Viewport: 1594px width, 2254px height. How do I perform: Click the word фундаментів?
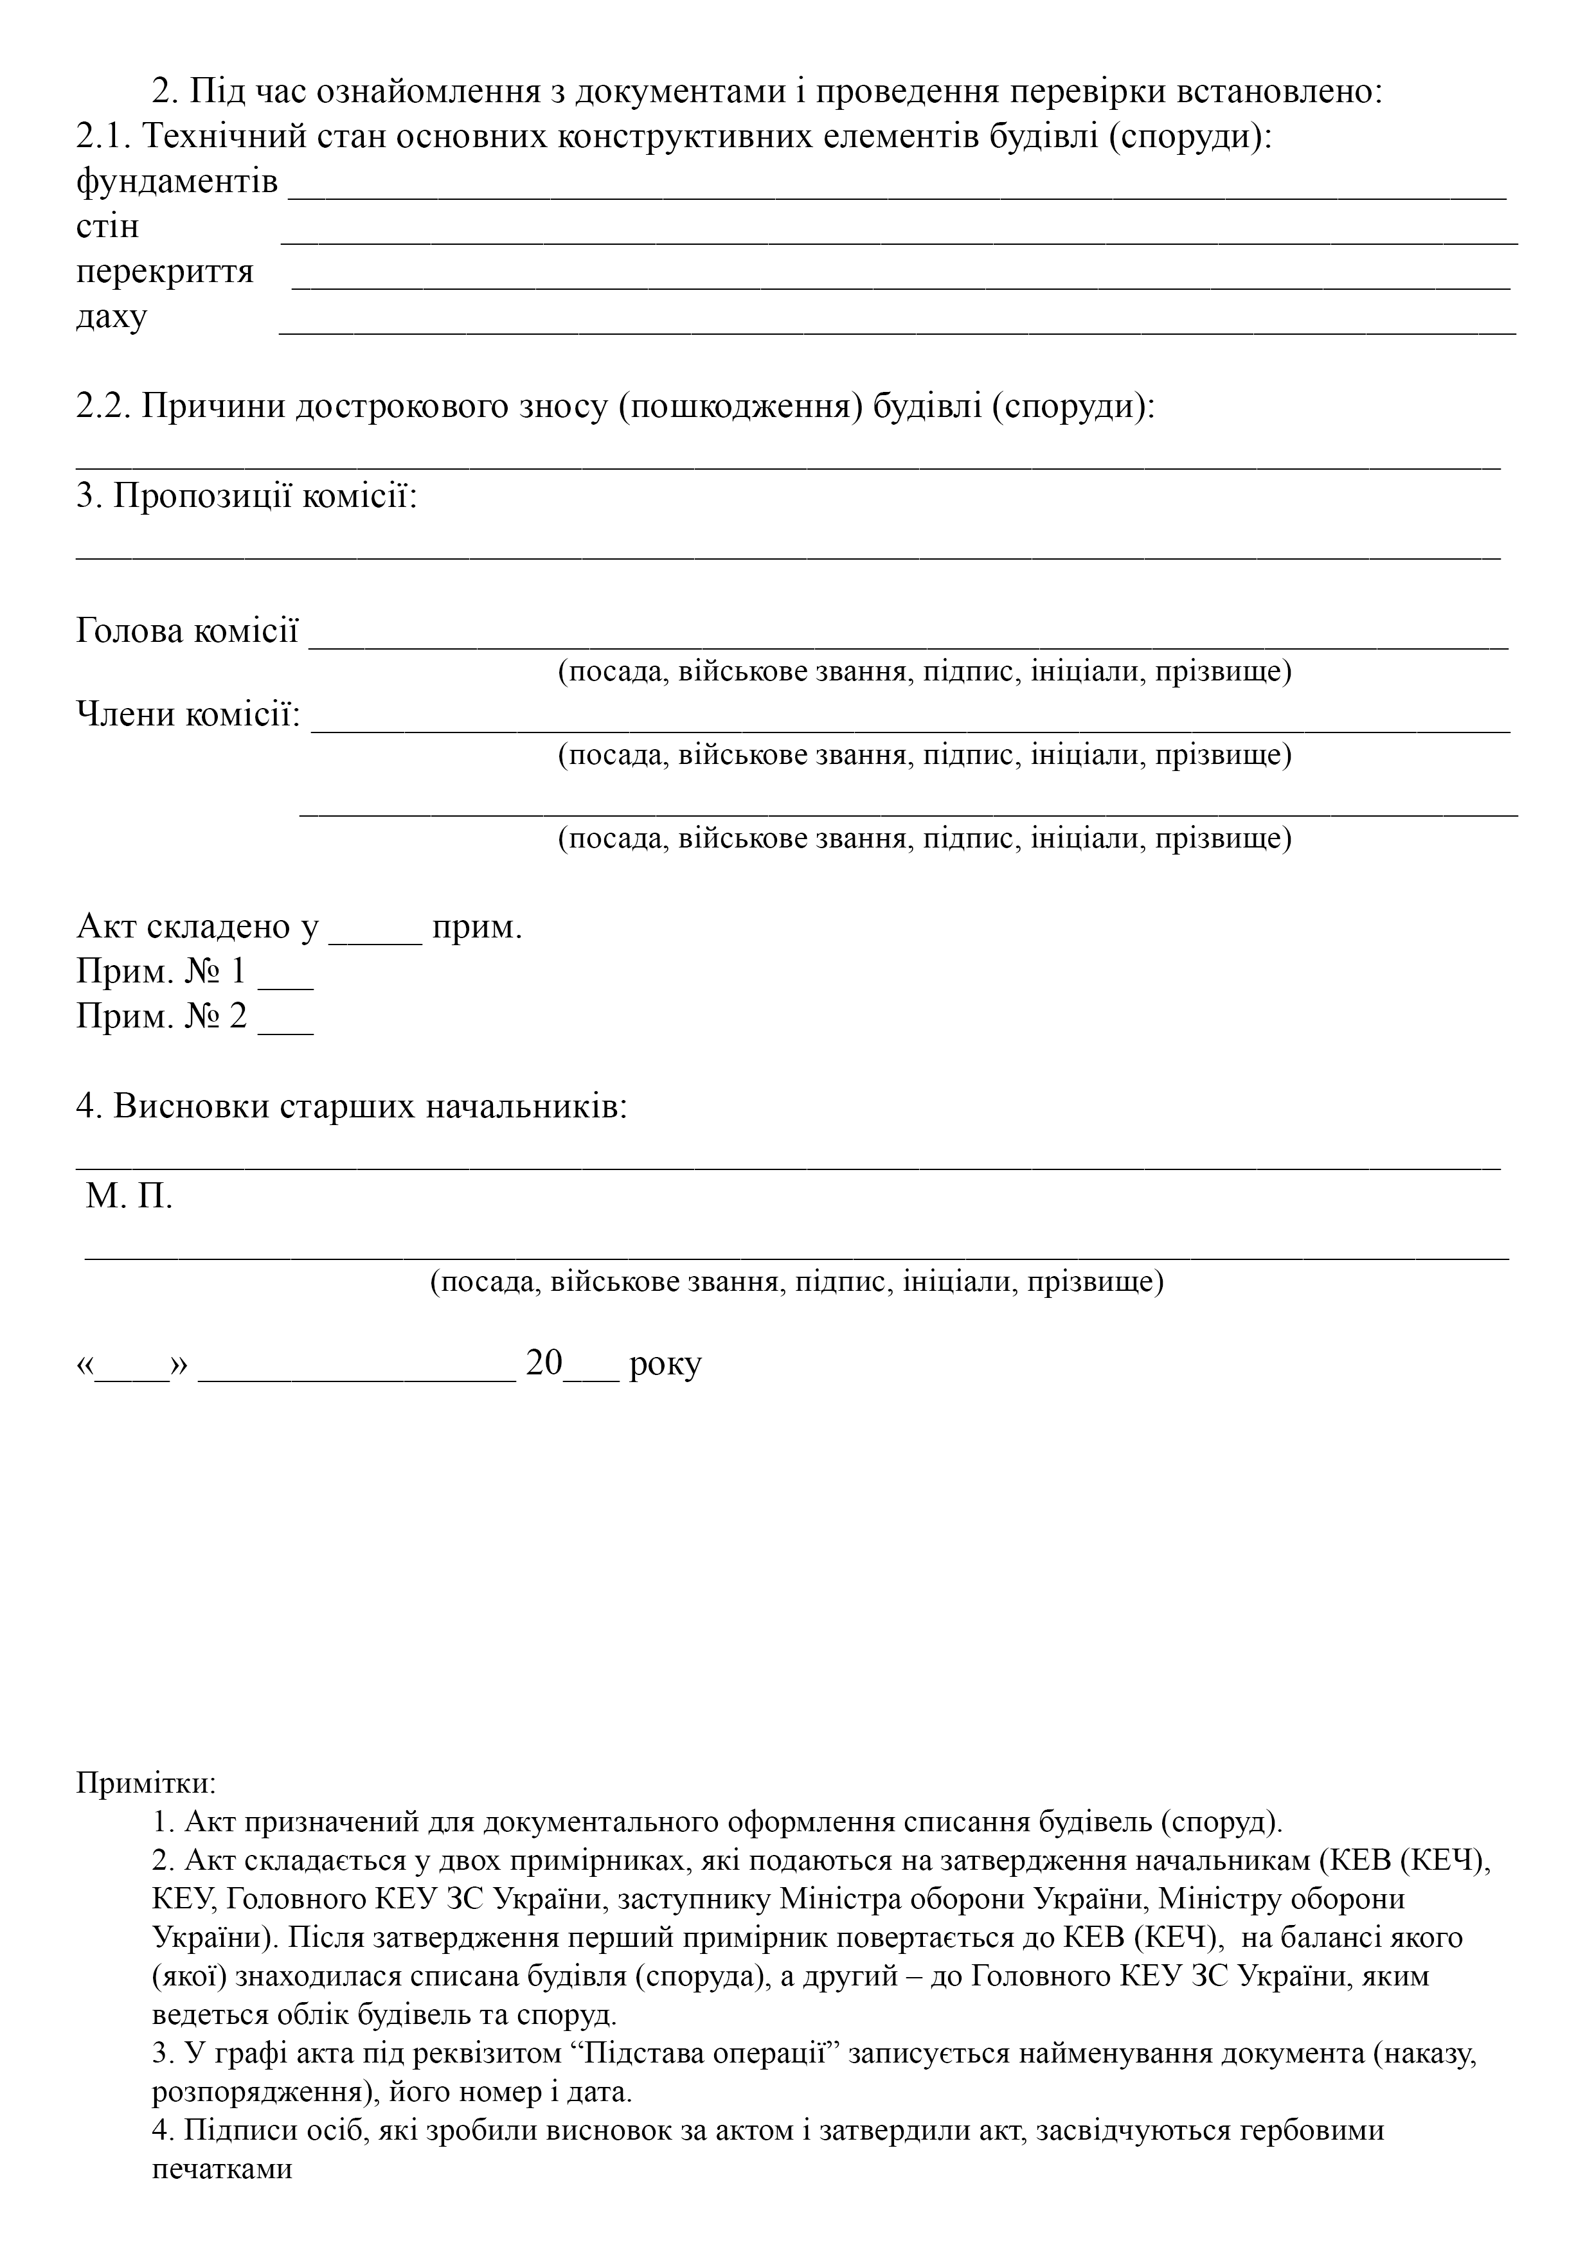point(177,182)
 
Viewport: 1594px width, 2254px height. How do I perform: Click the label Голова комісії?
point(186,630)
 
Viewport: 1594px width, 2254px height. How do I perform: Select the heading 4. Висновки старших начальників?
point(352,1106)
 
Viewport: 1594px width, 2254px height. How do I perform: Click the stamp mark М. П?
point(129,1196)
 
